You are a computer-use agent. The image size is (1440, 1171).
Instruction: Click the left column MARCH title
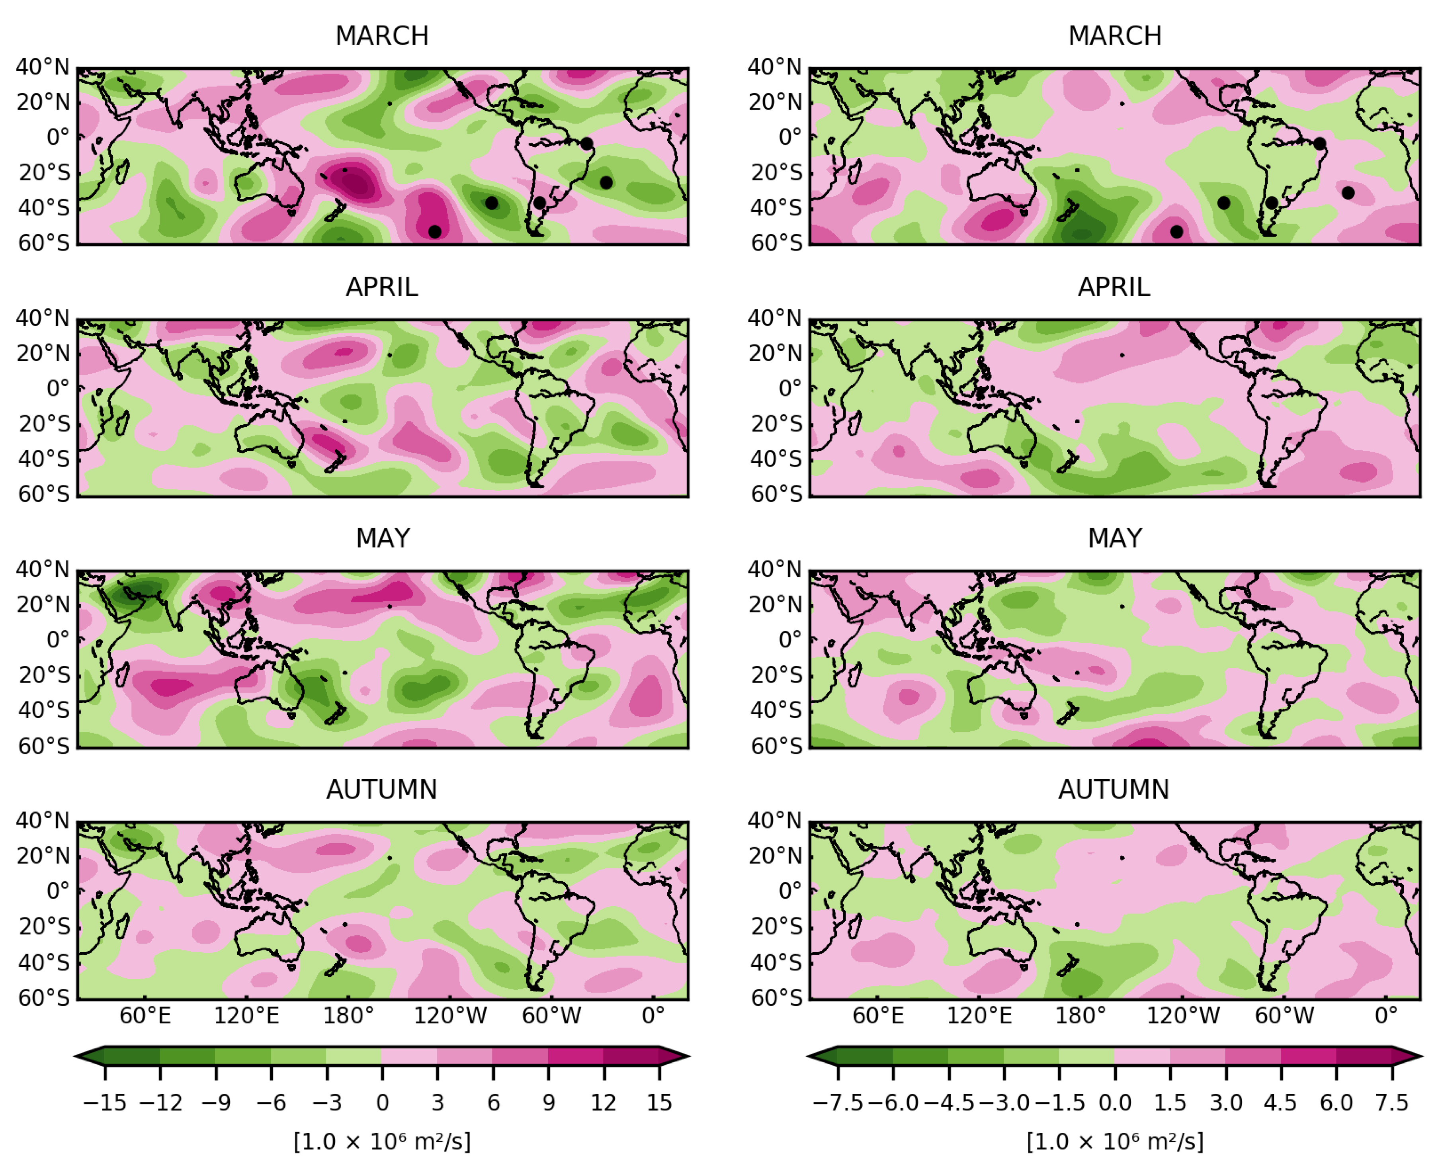click(382, 36)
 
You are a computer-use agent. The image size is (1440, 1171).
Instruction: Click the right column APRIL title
click(1114, 287)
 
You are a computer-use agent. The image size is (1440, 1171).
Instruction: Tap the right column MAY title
click(1115, 538)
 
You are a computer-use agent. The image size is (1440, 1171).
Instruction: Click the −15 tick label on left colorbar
click(105, 1103)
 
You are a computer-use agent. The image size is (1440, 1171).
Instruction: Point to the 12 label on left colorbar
click(604, 1103)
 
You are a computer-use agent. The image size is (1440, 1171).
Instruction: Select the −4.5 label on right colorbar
click(948, 1103)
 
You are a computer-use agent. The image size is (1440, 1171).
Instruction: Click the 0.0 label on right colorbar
click(1115, 1103)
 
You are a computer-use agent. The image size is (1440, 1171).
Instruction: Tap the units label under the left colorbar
click(382, 1141)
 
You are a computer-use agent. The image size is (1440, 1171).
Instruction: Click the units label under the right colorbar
click(1115, 1141)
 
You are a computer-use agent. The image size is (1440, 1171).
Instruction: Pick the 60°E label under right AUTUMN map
click(877, 1016)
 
